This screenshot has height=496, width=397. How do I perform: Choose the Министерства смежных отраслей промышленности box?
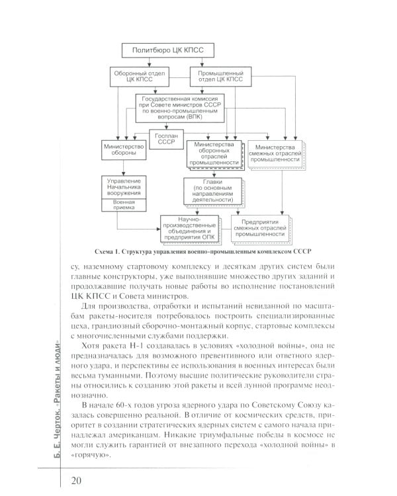275,153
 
